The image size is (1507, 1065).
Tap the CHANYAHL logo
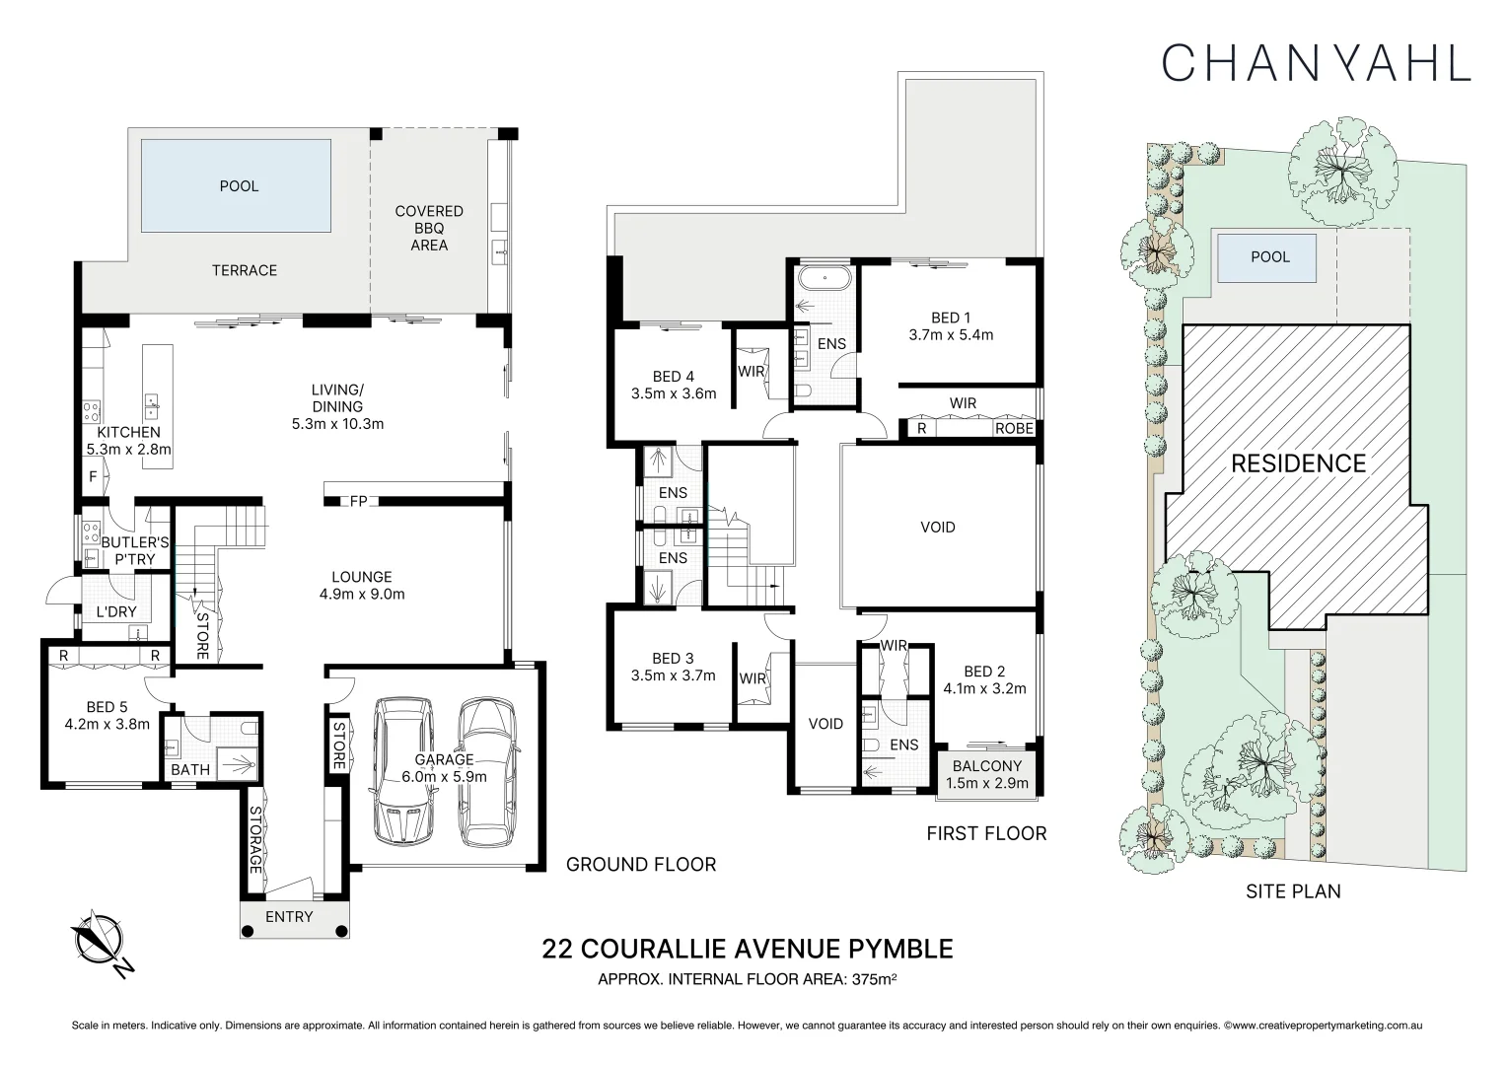point(1316,61)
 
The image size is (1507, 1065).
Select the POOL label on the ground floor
point(239,186)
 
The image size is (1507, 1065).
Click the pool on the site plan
point(1269,257)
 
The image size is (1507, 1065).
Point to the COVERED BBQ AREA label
point(429,228)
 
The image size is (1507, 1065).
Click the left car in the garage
point(402,770)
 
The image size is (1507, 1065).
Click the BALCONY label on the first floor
point(986,765)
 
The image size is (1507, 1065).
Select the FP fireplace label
point(358,502)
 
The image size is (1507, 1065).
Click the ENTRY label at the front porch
point(289,917)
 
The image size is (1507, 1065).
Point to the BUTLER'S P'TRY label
point(135,550)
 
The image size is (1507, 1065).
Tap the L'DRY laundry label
point(116,612)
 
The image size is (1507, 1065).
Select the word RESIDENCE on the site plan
point(1298,463)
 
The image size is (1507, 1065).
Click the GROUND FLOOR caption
point(640,865)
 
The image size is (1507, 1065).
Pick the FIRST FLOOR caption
point(986,833)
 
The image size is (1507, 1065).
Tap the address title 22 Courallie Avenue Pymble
point(748,949)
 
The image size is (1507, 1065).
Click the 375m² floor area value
point(873,979)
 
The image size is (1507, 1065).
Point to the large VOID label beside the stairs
point(937,528)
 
